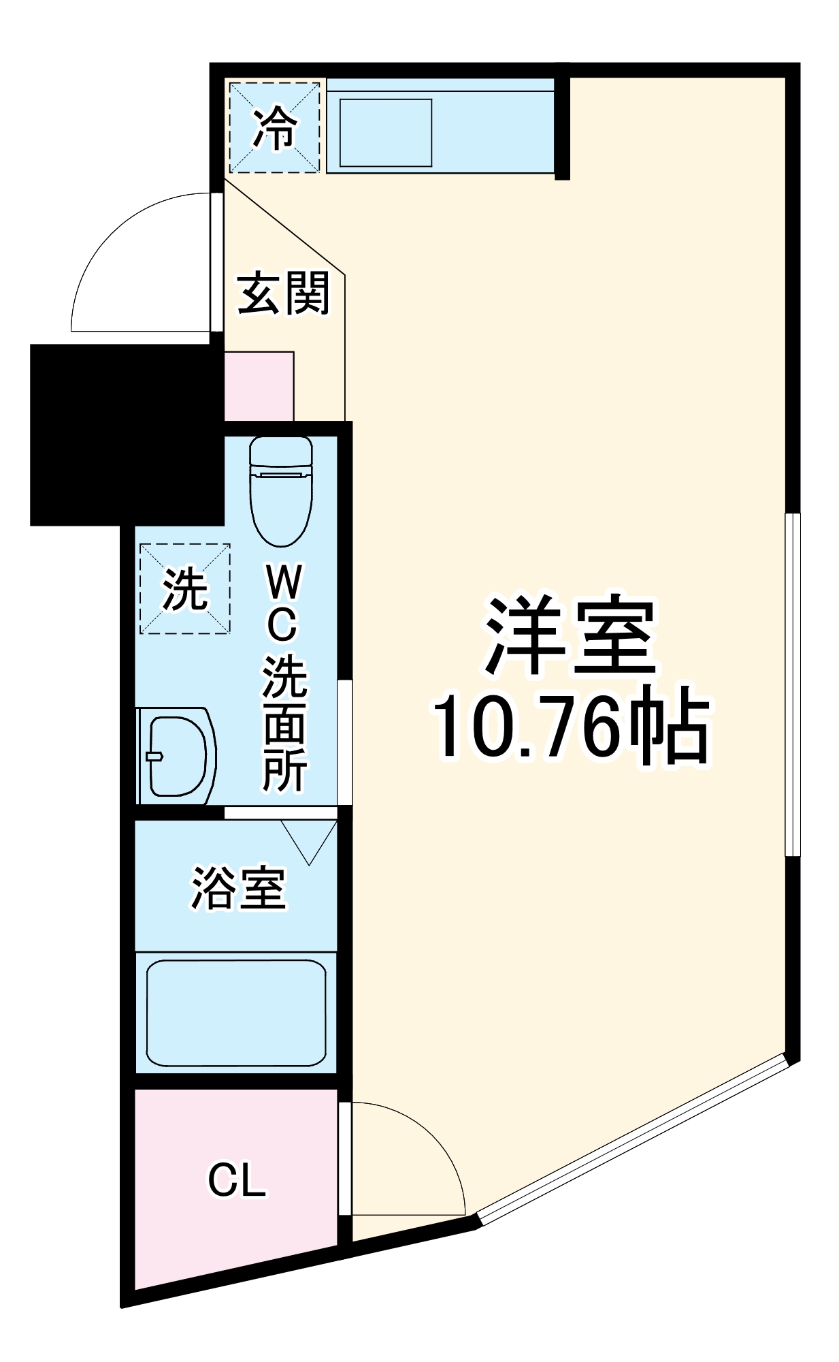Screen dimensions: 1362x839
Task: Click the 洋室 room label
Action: pyautogui.click(x=570, y=636)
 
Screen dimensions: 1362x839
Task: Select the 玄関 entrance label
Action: pyautogui.click(x=283, y=294)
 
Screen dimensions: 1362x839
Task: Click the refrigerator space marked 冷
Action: pyautogui.click(x=274, y=127)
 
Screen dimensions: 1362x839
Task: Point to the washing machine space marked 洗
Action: pyautogui.click(x=184, y=589)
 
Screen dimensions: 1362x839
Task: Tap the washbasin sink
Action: pyautogui.click(x=176, y=756)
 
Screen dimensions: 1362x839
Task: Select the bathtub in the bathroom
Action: pyautogui.click(x=236, y=1013)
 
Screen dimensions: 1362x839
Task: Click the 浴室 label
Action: pyautogui.click(x=238, y=888)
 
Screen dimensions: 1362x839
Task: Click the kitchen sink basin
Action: pyautogui.click(x=386, y=132)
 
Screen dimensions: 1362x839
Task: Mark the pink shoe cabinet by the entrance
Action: pyautogui.click(x=259, y=386)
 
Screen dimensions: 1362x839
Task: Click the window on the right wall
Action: pyautogui.click(x=793, y=684)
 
